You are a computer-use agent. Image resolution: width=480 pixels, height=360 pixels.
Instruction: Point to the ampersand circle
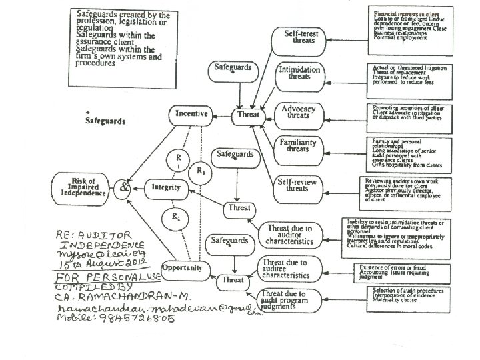pos(125,187)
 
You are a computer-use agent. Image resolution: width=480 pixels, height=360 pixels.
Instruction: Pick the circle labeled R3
pos(201,171)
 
